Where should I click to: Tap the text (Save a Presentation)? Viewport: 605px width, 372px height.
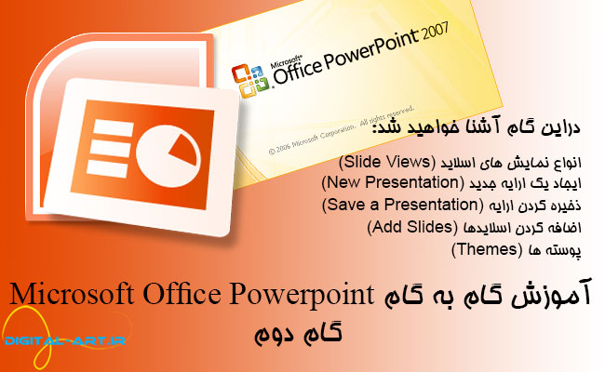pyautogui.click(x=389, y=203)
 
